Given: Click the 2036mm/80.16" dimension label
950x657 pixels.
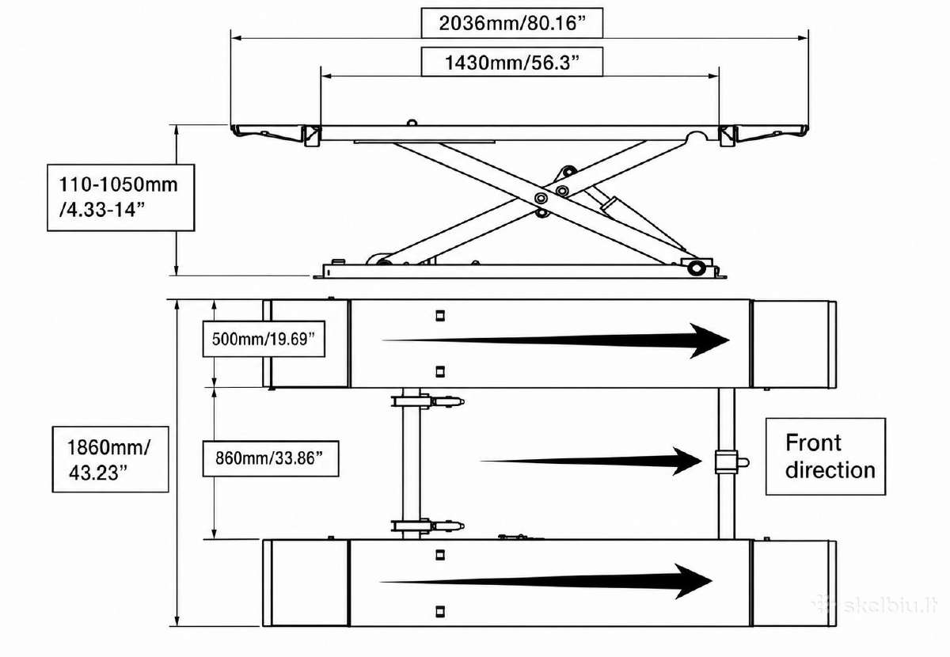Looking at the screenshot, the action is [512, 23].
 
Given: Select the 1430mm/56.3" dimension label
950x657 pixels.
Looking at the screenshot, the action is [512, 62].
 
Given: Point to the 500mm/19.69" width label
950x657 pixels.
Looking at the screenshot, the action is [264, 339].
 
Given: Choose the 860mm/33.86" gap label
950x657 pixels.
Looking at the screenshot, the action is [271, 458].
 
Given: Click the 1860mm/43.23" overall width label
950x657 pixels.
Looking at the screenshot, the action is [110, 459].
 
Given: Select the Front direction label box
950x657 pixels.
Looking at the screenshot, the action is [826, 457].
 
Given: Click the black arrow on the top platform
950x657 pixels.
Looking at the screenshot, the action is [556, 340].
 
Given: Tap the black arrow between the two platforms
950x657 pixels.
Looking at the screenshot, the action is [591, 461].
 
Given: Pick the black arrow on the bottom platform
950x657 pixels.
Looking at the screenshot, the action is [545, 581].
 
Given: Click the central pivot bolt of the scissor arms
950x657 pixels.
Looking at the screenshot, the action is [541, 198].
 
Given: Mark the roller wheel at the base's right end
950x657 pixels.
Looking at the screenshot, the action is [696, 268].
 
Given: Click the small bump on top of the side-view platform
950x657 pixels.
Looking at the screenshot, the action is [412, 123].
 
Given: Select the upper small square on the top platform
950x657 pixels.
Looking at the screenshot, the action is [440, 316].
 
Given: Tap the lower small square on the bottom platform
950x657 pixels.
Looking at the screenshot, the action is [440, 611].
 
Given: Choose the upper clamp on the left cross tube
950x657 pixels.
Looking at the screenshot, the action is [427, 401].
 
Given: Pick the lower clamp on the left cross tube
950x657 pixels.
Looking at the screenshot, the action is [427, 526].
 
